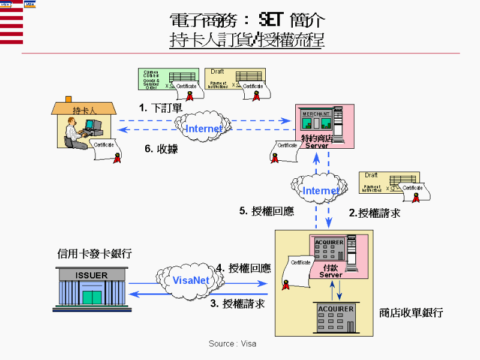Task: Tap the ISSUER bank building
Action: (92, 290)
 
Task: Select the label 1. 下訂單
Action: (160, 108)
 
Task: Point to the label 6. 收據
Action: (161, 149)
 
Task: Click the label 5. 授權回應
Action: (266, 211)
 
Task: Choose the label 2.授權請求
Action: (374, 212)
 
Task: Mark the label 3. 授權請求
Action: (237, 304)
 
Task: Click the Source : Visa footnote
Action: (232, 344)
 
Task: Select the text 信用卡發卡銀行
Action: (95, 254)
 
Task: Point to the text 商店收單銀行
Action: (411, 313)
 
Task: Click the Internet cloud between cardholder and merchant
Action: (202, 128)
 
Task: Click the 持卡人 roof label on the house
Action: (84, 110)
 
